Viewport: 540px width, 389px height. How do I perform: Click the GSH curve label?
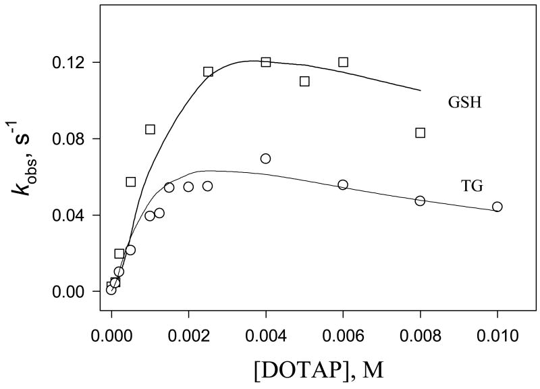tap(464, 103)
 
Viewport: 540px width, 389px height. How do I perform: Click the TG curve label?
tap(473, 187)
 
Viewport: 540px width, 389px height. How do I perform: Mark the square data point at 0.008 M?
tap(420, 133)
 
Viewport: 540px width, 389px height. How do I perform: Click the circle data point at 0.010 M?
tap(497, 207)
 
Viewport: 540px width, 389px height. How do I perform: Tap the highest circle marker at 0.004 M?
tap(266, 159)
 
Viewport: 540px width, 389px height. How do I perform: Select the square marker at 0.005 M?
tap(304, 81)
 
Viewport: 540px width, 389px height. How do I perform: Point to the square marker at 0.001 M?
tap(150, 129)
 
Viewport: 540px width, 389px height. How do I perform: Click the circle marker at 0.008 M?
tap(420, 201)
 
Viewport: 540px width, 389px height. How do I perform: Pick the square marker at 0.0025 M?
tap(208, 72)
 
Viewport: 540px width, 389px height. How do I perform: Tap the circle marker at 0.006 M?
tap(343, 184)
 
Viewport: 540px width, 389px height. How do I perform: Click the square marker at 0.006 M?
tap(343, 62)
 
